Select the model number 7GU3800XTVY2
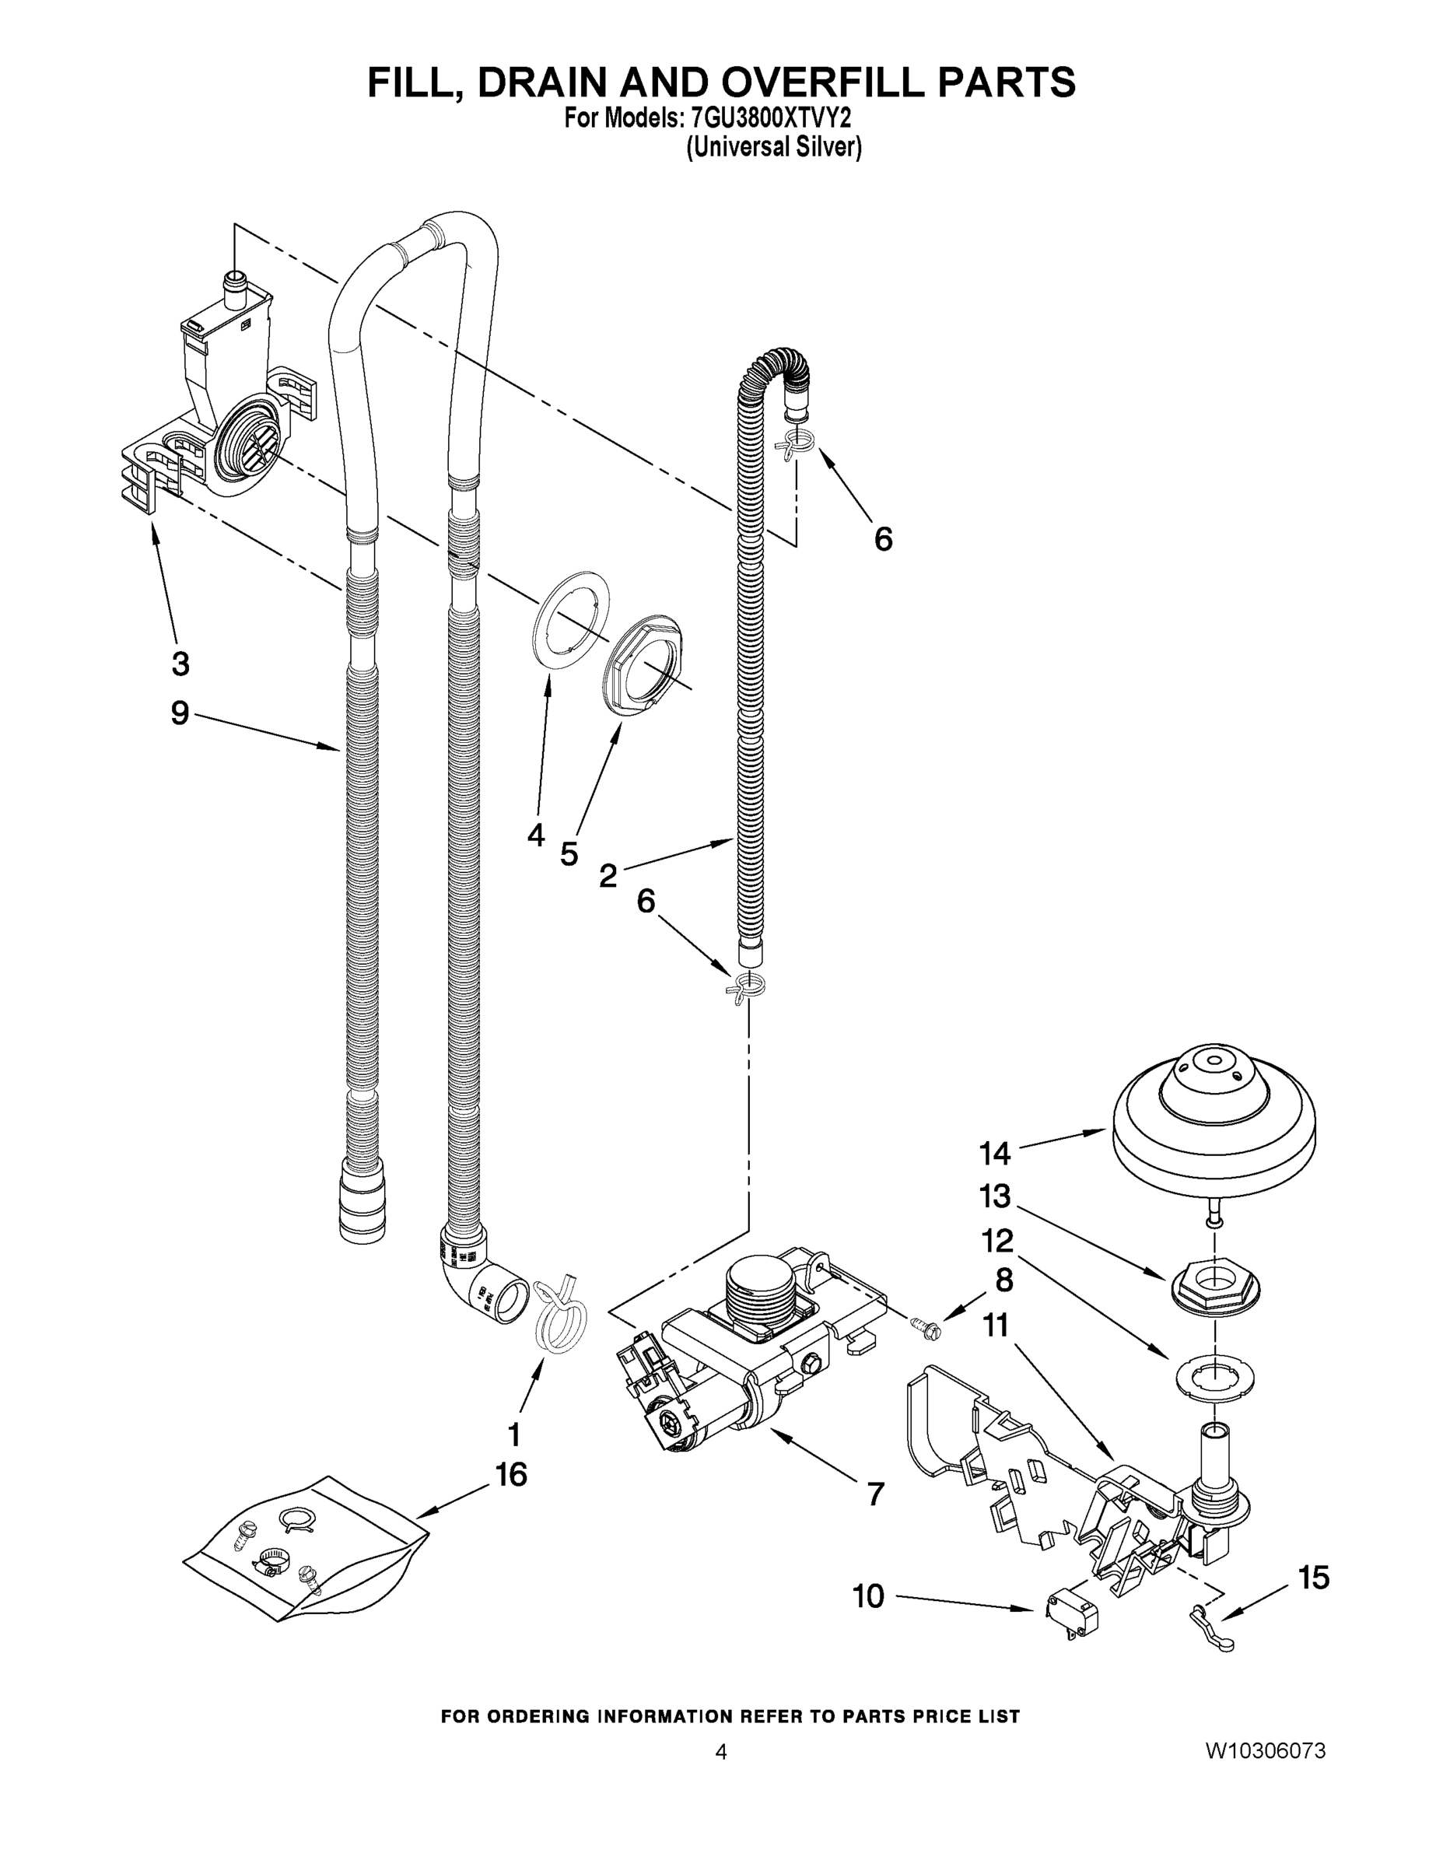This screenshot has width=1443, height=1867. click(769, 118)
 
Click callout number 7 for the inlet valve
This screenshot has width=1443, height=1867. click(874, 1494)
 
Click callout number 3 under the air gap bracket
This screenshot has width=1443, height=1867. click(180, 664)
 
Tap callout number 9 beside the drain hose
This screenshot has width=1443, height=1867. click(180, 712)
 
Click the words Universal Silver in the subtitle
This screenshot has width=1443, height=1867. click(774, 147)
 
